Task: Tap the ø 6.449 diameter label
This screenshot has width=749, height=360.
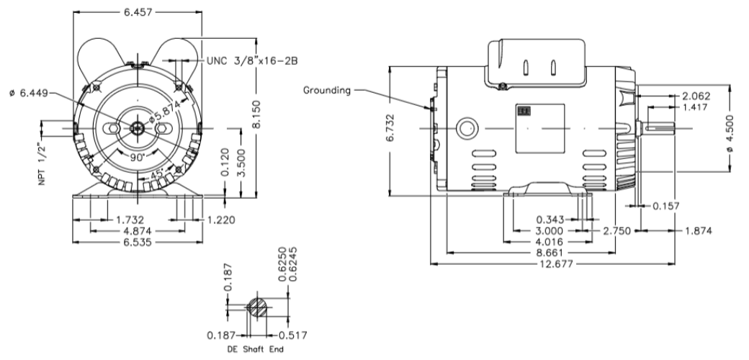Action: tap(24, 93)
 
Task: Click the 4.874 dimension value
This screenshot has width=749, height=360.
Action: tap(134, 231)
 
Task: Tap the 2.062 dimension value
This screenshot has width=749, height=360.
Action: tap(696, 96)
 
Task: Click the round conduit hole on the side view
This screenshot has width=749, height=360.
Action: tap(467, 128)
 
